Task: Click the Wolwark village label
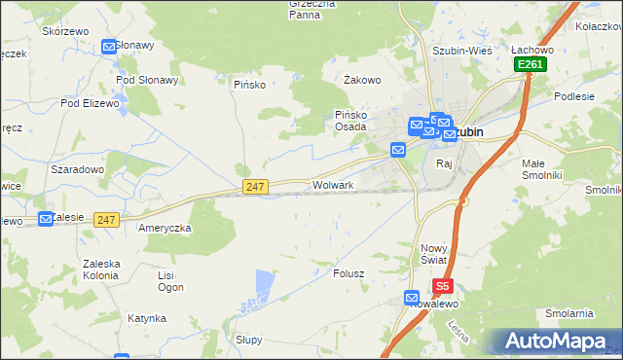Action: [x=333, y=184]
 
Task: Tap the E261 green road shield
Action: [x=531, y=64]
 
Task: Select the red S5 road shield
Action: [x=443, y=286]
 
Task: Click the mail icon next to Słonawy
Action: [x=108, y=46]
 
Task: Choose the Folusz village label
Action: [x=348, y=273]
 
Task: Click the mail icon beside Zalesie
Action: [x=45, y=219]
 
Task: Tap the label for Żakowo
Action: [x=362, y=81]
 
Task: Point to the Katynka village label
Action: [x=146, y=318]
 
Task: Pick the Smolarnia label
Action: [x=569, y=313]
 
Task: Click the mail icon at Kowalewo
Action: [x=412, y=298]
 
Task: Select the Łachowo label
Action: [x=532, y=50]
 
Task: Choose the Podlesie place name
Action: [x=574, y=95]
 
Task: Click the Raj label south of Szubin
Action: [x=445, y=163]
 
